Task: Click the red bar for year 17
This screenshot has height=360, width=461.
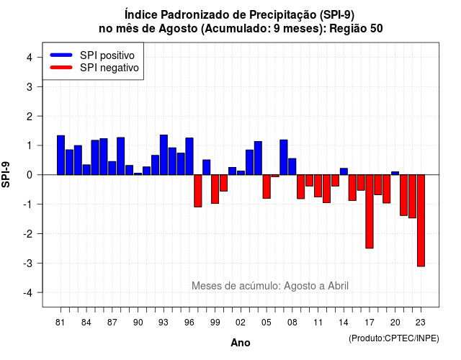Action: point(370,212)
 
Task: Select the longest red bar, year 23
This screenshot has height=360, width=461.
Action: point(421,220)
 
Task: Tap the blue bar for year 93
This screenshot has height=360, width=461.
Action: point(164,155)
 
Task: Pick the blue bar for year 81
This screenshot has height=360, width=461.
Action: point(61,156)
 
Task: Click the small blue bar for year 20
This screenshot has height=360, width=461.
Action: point(395,173)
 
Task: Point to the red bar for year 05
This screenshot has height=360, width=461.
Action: point(267,186)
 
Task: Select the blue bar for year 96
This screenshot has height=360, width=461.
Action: point(189,156)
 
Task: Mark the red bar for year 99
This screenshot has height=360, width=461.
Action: point(215,189)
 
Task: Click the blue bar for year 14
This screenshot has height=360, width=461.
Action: point(344,171)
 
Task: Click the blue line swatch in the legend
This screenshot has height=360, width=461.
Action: point(61,55)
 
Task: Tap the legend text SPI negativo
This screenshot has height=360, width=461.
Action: point(109,68)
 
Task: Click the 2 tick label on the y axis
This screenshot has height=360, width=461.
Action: point(30,117)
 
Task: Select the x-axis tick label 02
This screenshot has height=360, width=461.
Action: point(241,323)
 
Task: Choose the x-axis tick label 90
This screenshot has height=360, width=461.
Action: point(138,323)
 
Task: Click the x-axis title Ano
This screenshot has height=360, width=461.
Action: point(240,343)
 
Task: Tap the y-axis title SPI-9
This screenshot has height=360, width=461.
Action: point(6,174)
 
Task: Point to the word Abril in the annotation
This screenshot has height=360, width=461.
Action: point(338,286)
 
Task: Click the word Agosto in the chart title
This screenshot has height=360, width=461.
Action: point(178,29)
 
